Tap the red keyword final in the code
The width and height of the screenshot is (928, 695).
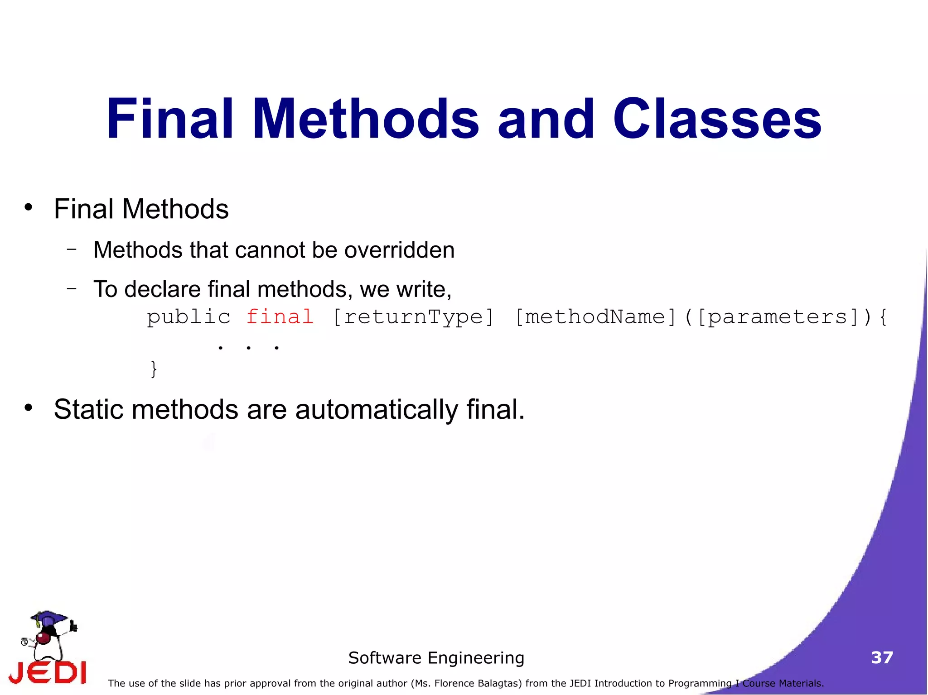click(280, 316)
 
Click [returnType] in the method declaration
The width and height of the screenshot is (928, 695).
click(413, 317)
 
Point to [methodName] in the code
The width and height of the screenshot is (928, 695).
click(596, 317)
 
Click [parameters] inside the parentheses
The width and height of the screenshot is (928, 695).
click(778, 317)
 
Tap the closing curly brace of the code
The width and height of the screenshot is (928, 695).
click(154, 369)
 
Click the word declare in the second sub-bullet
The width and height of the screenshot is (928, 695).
click(162, 289)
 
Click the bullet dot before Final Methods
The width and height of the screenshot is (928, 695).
click(29, 207)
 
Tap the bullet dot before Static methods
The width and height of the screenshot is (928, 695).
click(29, 407)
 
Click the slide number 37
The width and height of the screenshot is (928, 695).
click(882, 657)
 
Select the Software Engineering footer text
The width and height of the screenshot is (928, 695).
click(436, 657)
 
